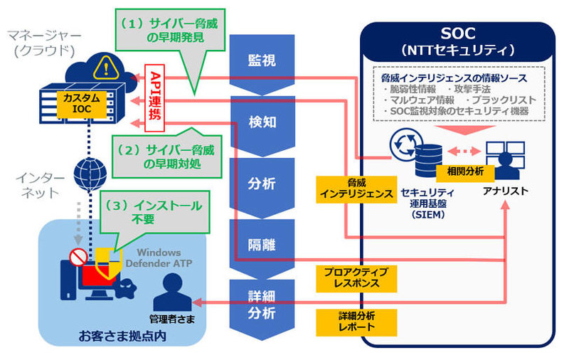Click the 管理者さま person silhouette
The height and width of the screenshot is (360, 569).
click(168, 292)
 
